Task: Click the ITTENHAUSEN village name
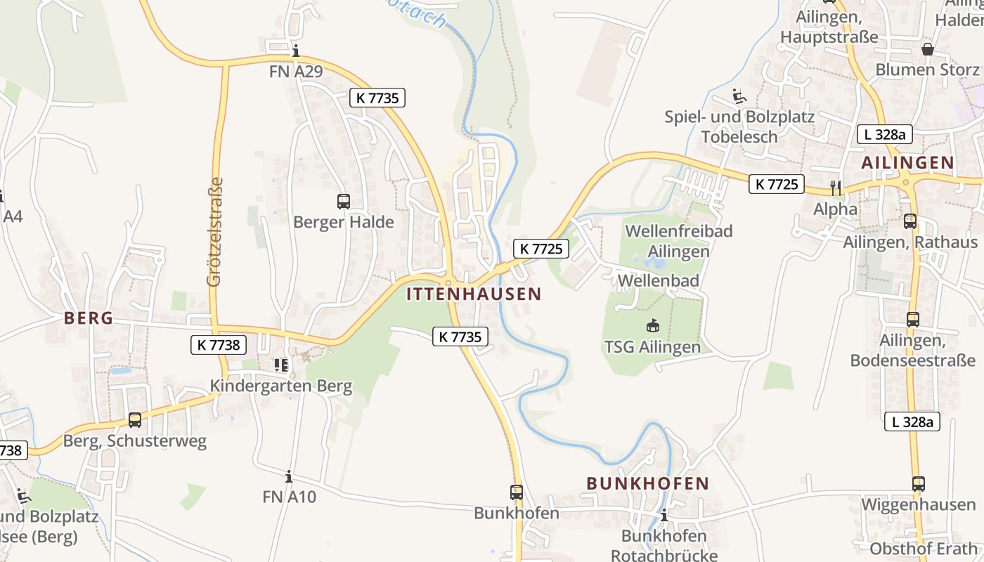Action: tap(474, 294)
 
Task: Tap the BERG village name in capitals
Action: tap(89, 318)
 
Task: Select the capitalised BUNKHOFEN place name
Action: tap(647, 483)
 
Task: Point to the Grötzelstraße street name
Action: tap(215, 232)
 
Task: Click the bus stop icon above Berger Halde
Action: tap(343, 202)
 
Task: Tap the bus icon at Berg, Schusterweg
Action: tap(135, 420)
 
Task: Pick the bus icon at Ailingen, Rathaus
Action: tap(910, 221)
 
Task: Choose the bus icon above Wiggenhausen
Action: tap(919, 483)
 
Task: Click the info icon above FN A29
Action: tap(296, 51)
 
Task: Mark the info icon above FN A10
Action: tap(289, 476)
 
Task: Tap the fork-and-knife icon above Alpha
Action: tap(836, 188)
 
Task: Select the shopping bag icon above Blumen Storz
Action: tap(928, 49)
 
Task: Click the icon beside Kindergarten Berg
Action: tap(281, 365)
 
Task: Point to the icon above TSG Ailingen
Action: tap(653, 325)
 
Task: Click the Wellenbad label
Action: tap(658, 281)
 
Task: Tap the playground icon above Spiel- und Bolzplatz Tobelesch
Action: tap(739, 96)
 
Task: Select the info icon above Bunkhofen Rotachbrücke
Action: tap(663, 515)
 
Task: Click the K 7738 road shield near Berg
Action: tap(219, 345)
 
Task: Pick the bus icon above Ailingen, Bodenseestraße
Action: tap(912, 320)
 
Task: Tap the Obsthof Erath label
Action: tap(924, 549)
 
